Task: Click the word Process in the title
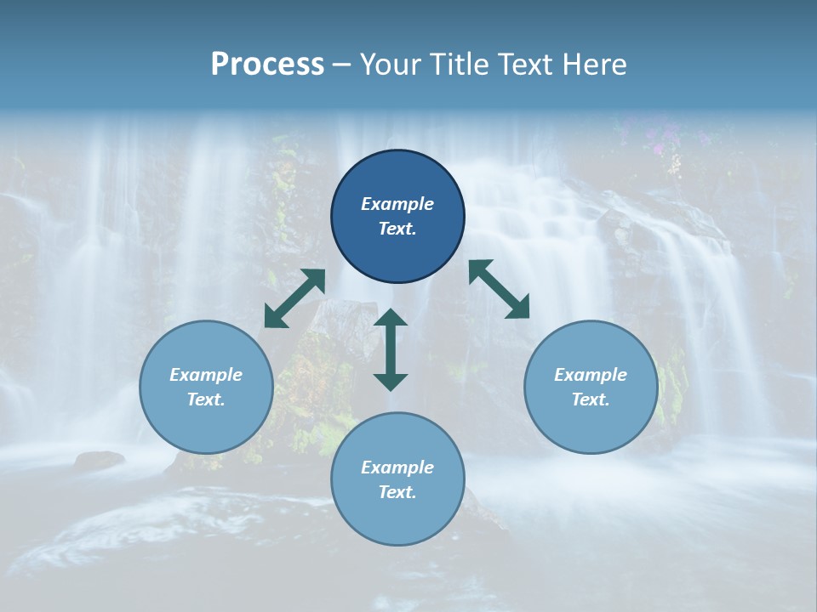click(x=267, y=65)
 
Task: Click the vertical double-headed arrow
click(x=391, y=349)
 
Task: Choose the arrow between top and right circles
click(x=500, y=289)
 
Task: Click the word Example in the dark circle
click(x=397, y=204)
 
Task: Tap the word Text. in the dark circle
click(x=397, y=229)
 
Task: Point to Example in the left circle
click(x=206, y=375)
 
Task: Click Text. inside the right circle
click(x=590, y=399)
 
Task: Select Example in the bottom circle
click(x=397, y=467)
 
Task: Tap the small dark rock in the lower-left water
click(x=99, y=461)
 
